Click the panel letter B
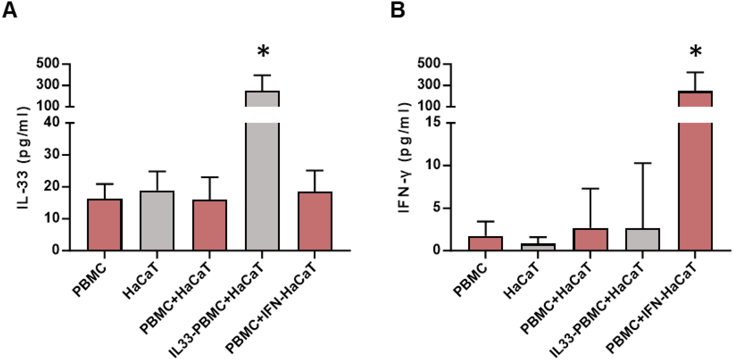(x=398, y=11)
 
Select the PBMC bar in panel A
(x=105, y=225)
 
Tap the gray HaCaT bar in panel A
(x=157, y=221)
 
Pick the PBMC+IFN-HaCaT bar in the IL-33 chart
(x=315, y=221)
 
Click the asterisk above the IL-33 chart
(x=263, y=52)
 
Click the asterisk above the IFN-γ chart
(x=696, y=52)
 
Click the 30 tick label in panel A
(x=52, y=154)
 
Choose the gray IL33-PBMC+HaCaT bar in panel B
(x=643, y=240)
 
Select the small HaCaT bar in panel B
(x=538, y=247)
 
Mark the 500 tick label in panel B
(x=429, y=63)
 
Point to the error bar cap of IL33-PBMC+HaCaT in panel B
(x=643, y=163)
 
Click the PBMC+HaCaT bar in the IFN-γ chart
(x=590, y=240)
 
